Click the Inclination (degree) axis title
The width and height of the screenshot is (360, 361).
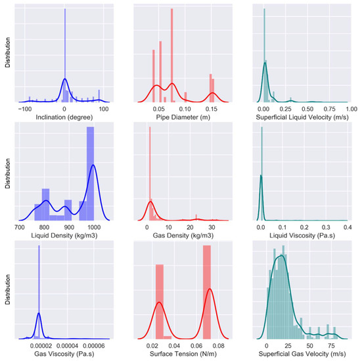click(64, 116)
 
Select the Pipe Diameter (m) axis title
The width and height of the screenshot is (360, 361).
click(180, 116)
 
